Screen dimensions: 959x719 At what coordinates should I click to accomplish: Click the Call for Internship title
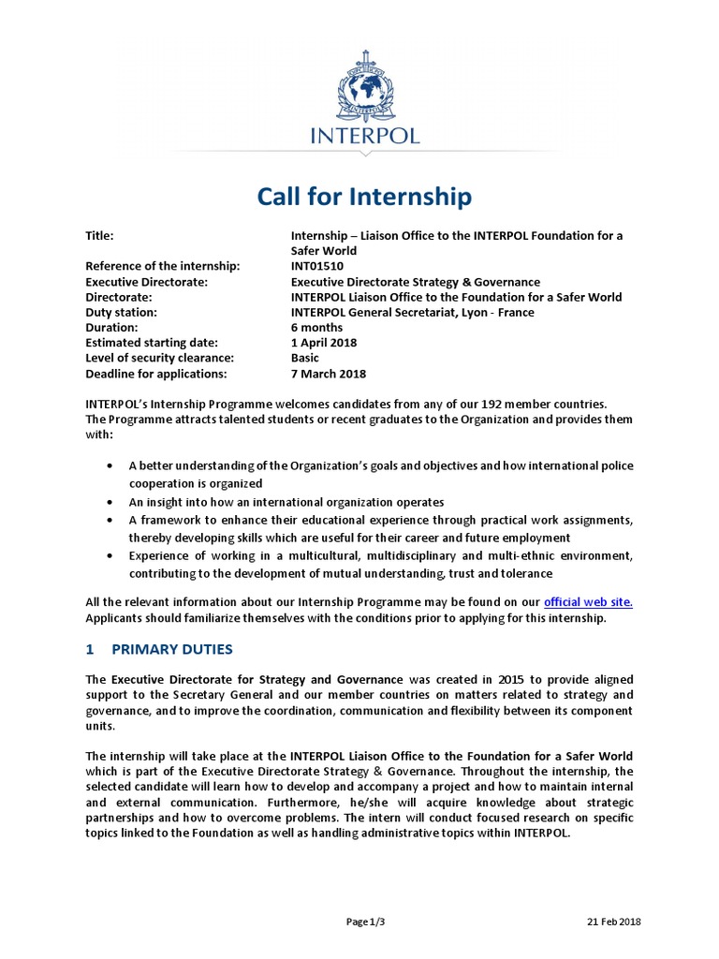point(365,198)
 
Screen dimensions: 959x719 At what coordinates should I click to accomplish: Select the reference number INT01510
point(317,267)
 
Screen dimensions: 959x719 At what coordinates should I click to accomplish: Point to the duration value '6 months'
point(316,328)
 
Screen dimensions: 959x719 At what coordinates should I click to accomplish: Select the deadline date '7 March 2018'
point(328,374)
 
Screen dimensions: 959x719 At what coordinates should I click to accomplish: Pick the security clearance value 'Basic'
point(305,358)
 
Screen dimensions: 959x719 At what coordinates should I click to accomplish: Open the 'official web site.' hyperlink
point(588,602)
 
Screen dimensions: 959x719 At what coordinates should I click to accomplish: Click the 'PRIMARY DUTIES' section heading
point(172,649)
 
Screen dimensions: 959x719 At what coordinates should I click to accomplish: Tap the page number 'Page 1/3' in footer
point(365,922)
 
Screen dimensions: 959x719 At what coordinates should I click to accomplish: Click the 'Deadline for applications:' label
point(155,374)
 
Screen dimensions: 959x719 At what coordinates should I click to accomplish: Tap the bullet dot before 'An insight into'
point(110,502)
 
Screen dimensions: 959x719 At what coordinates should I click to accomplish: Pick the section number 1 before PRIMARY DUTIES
point(90,649)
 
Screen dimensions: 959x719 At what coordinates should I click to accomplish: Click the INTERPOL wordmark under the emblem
point(365,135)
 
